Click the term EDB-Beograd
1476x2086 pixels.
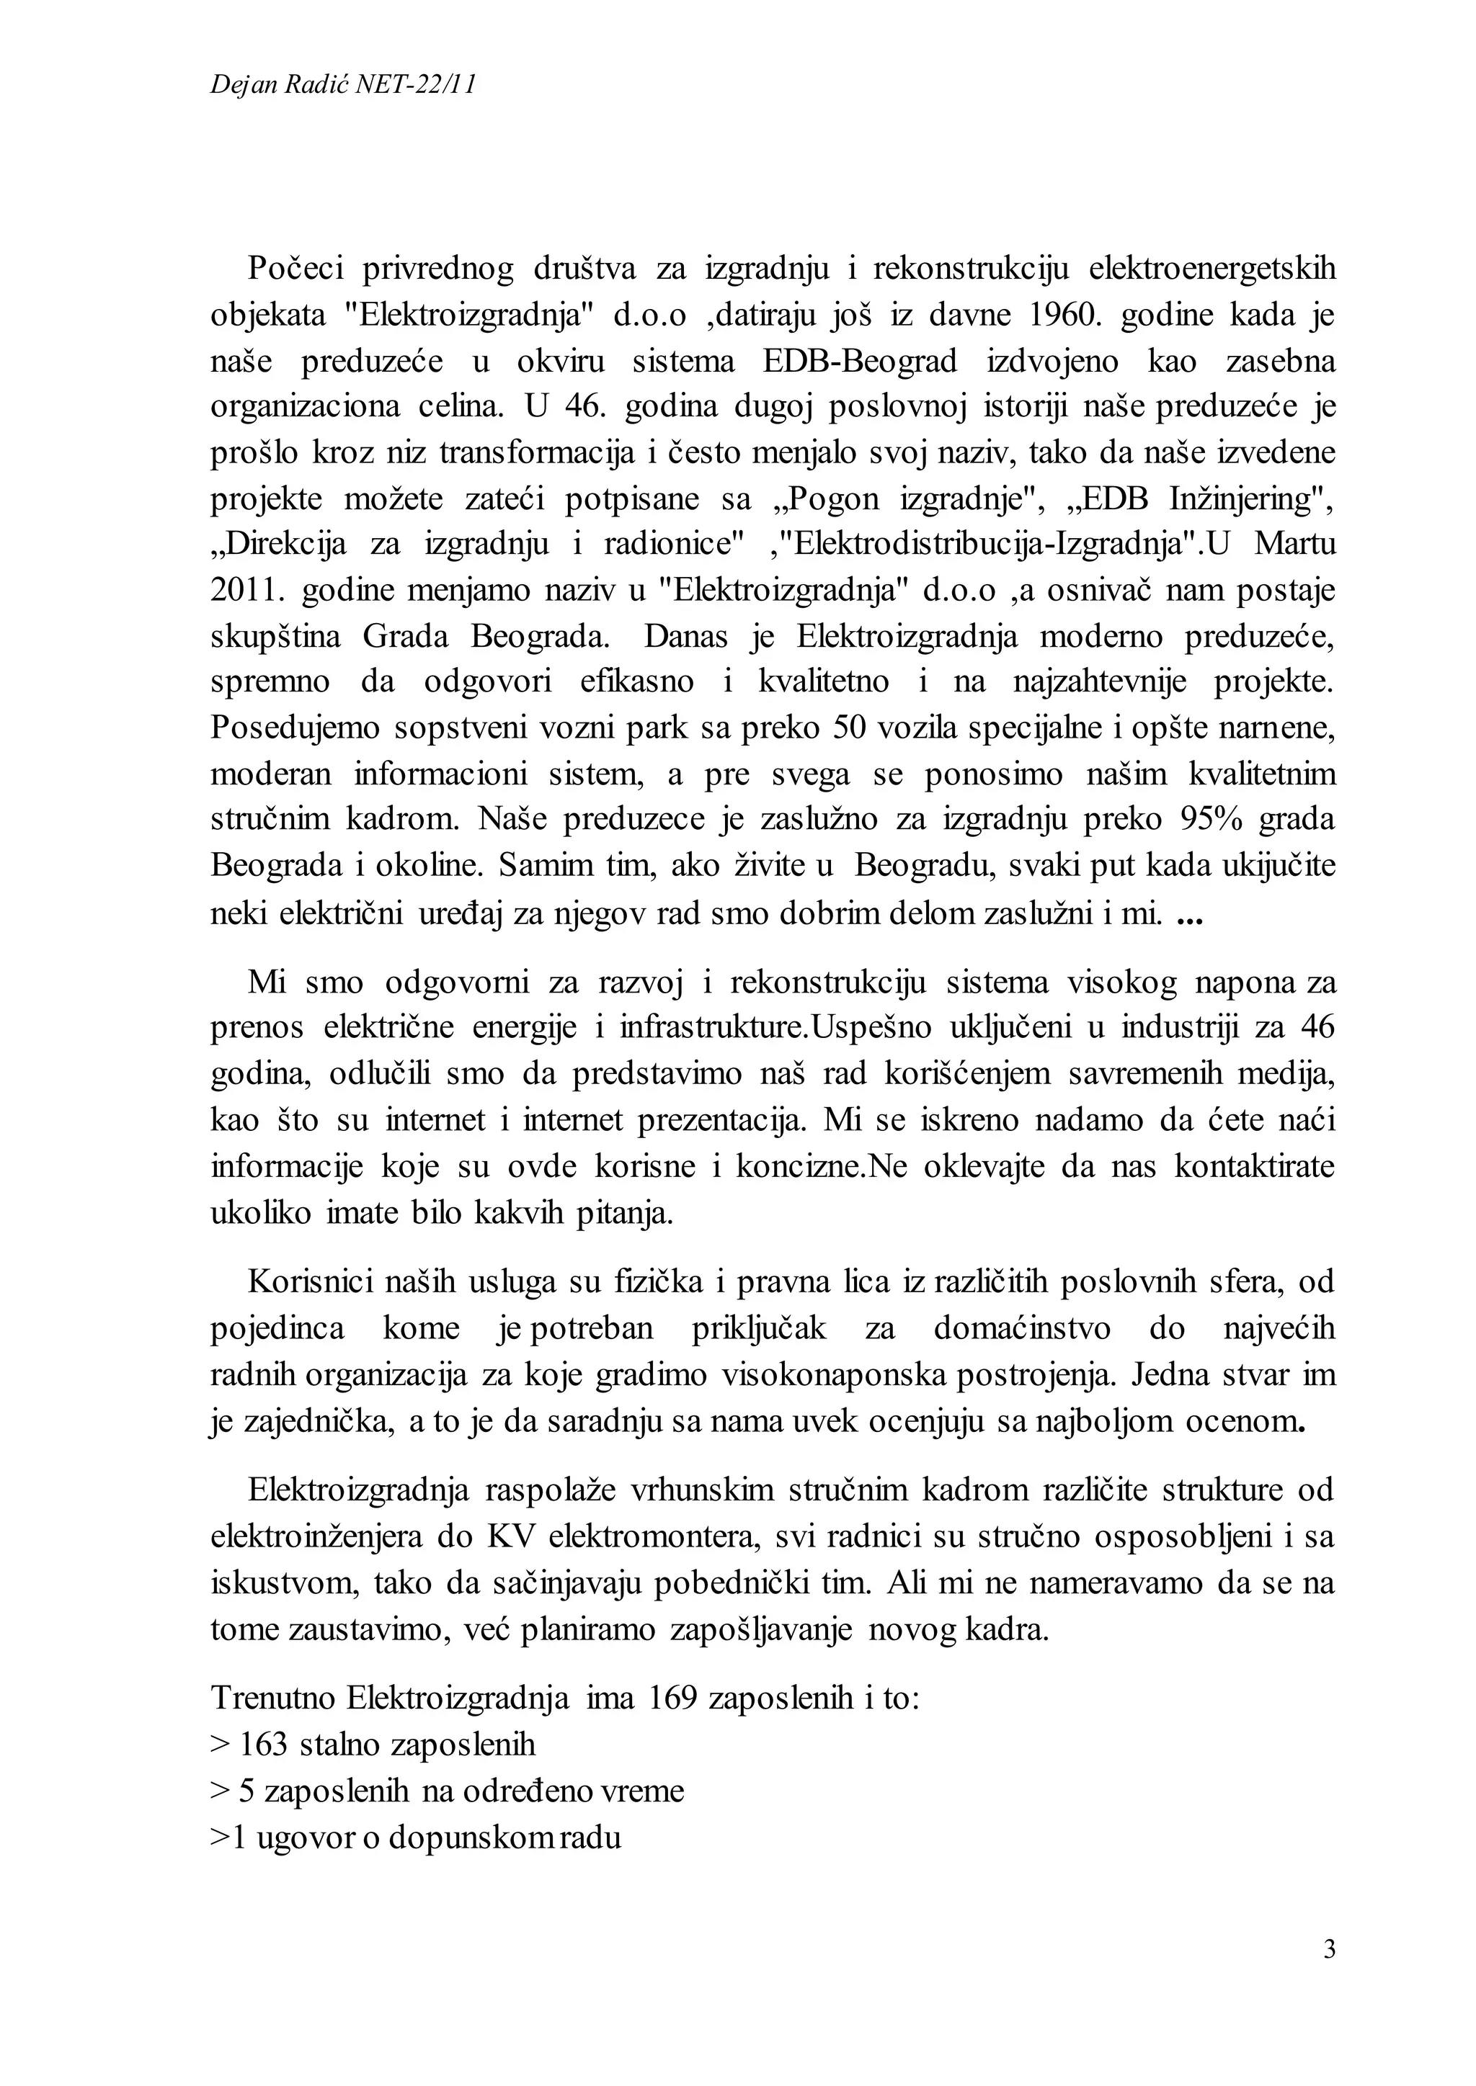861,361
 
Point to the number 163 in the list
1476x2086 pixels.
264,1743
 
